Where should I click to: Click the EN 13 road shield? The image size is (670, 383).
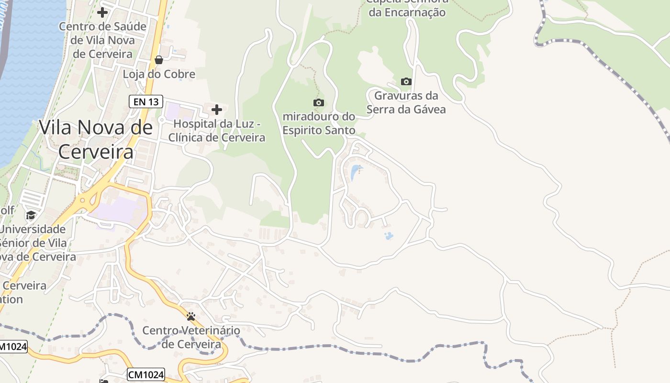[x=146, y=101]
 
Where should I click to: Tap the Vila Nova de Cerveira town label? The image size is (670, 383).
[x=96, y=139]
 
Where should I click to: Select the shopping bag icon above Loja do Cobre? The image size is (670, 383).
[x=159, y=60]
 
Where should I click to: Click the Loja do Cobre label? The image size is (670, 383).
[x=159, y=74]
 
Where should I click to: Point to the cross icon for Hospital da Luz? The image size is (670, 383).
[x=217, y=110]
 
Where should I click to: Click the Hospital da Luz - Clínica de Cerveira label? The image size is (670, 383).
[x=217, y=131]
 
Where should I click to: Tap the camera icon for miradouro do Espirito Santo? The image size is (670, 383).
[x=318, y=102]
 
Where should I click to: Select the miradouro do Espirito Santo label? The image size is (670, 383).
[x=319, y=123]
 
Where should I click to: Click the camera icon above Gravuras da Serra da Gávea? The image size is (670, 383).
[x=406, y=81]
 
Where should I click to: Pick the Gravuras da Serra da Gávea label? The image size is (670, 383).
[x=406, y=102]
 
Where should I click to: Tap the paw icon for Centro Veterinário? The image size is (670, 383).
[x=191, y=316]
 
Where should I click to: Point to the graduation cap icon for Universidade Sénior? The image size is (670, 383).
[x=31, y=215]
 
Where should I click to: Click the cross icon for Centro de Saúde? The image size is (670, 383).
[x=102, y=12]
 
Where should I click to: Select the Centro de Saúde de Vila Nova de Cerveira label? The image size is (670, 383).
[x=102, y=40]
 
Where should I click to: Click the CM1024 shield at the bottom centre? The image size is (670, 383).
[x=146, y=374]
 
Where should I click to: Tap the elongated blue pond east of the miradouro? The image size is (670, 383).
[x=355, y=172]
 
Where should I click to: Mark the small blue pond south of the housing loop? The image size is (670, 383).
[x=389, y=236]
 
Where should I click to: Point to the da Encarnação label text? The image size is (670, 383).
[x=407, y=12]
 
